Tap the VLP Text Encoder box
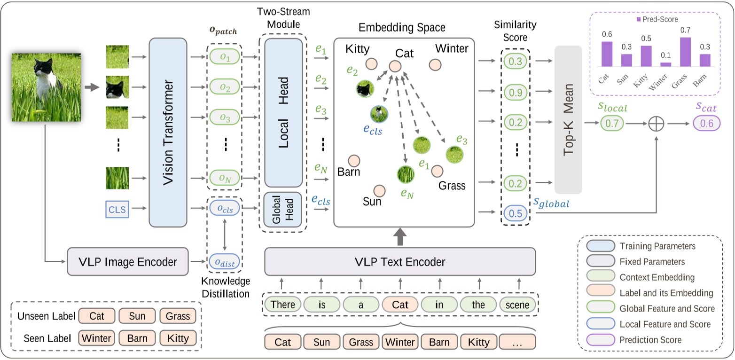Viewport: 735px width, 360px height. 400,262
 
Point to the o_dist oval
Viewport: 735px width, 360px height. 224,262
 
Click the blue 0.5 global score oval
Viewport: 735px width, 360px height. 516,213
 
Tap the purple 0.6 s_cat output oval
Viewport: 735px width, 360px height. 706,124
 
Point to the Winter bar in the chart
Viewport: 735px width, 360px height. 665,64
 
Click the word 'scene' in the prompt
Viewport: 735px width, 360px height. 517,305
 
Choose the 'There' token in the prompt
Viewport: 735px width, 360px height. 283,305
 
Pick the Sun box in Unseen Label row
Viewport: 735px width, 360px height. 137,315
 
